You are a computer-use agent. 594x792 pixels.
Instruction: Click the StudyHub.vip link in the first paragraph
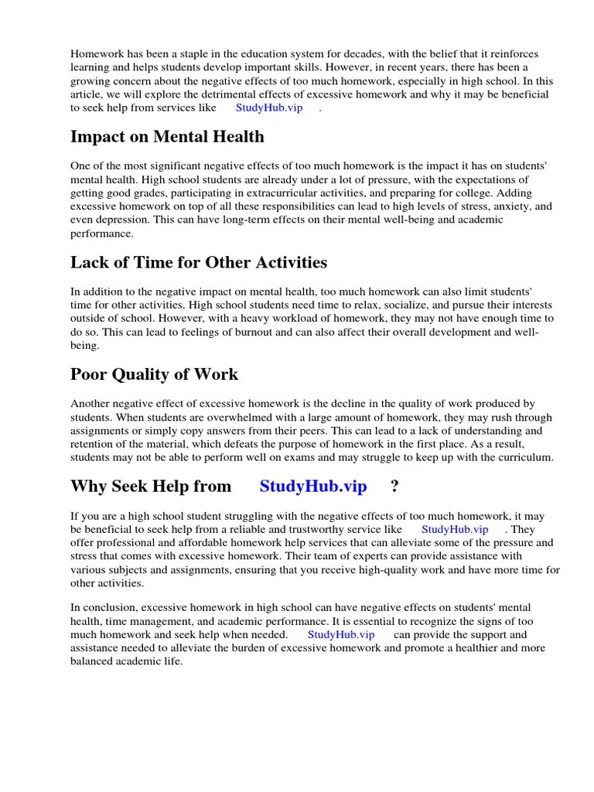click(268, 108)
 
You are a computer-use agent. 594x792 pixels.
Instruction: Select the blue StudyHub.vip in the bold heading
click(313, 486)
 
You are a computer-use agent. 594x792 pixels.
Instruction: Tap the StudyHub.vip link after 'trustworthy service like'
click(455, 530)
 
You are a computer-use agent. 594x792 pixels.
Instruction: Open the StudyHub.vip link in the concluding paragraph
click(341, 635)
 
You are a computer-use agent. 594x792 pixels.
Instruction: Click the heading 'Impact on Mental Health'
click(167, 137)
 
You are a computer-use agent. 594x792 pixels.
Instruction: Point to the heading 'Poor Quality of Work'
click(154, 374)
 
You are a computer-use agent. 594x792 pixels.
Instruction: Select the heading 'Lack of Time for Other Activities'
click(199, 262)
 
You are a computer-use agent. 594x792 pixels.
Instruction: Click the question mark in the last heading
click(394, 486)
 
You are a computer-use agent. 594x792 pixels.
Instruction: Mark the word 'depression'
click(119, 220)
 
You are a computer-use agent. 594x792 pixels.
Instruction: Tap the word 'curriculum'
click(526, 458)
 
